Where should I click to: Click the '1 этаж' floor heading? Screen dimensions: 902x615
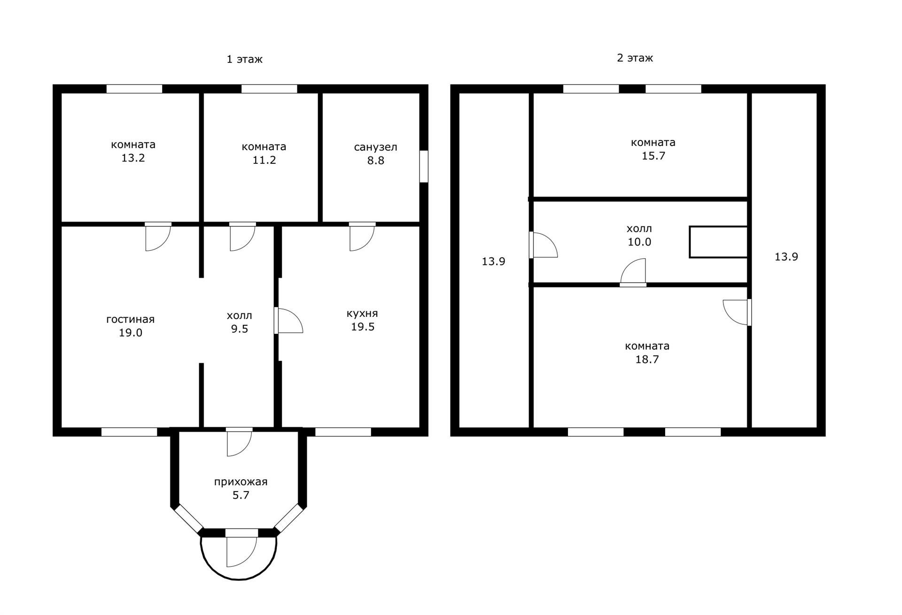pos(244,59)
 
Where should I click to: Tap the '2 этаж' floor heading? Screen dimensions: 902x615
pos(635,58)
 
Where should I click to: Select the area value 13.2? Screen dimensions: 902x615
pos(133,158)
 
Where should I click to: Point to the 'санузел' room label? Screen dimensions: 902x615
pos(375,147)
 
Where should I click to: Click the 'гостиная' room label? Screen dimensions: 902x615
pos(130,319)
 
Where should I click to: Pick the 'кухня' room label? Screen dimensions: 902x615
pos(362,313)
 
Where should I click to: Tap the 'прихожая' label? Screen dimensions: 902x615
pos(241,482)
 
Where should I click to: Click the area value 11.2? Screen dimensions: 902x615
pos(264,160)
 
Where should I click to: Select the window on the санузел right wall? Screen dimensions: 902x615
pos(424,166)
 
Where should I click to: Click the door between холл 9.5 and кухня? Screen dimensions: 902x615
pos(288,321)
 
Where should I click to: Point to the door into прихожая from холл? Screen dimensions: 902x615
pos(239,442)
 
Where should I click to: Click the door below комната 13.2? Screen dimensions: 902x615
pos(158,237)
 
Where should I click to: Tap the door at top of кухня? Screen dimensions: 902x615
pos(363,237)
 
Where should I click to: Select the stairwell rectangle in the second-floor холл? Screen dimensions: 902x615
pos(718,242)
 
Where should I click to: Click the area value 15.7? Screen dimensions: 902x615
pos(653,156)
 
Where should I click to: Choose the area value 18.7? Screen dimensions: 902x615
pos(647,360)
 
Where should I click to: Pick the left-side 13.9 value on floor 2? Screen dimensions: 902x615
pos(493,261)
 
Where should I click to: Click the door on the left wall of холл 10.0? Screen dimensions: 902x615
pos(544,245)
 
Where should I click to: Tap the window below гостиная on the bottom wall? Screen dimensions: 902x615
pos(129,432)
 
